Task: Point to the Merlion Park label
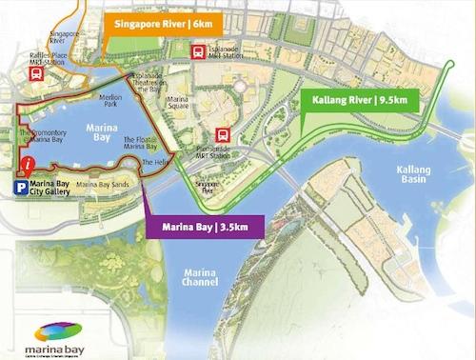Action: [x=116, y=98]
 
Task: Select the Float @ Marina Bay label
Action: [x=140, y=143]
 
